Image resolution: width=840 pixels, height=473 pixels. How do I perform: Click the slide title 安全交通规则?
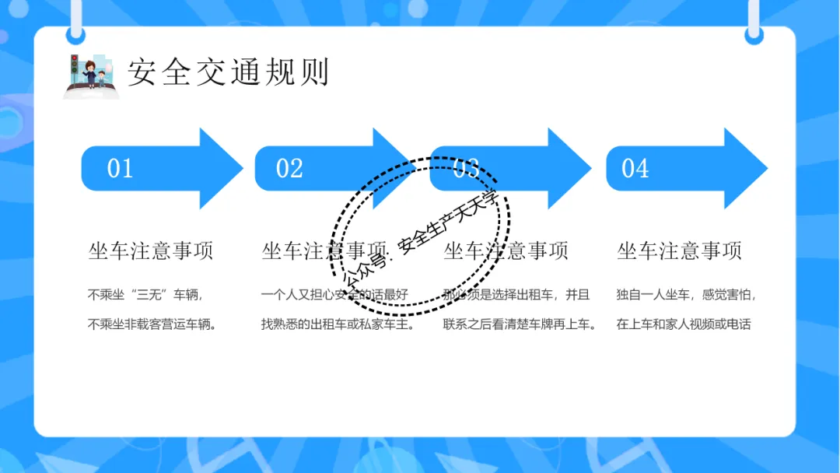[x=229, y=72]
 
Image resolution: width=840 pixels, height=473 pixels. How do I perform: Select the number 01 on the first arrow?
[x=121, y=168]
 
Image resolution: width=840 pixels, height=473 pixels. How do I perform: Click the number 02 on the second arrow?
[x=289, y=168]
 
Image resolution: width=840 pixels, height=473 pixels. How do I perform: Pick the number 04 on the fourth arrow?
[x=635, y=168]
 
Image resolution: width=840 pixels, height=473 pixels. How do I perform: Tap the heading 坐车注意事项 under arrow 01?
[x=151, y=251]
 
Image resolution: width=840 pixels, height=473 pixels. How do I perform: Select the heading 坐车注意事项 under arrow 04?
[x=679, y=251]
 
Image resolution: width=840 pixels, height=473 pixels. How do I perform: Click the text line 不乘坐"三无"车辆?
[x=145, y=295]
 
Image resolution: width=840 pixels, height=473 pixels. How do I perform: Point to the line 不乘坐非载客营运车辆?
[x=152, y=324]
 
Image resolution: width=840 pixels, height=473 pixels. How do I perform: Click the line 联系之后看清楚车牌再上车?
[x=520, y=324]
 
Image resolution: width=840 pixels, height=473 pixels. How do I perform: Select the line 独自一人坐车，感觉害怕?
[x=686, y=295]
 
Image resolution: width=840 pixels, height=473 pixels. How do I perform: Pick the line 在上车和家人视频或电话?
[x=684, y=324]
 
